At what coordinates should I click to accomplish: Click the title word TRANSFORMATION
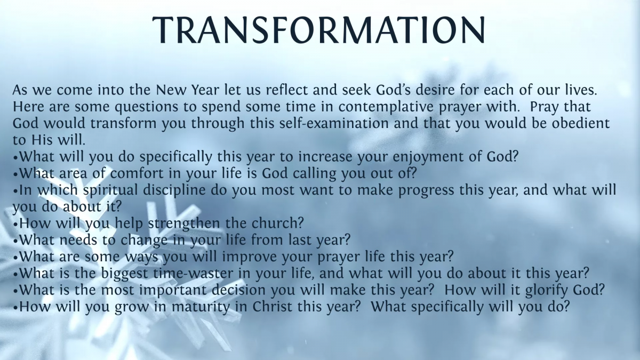[x=318, y=30]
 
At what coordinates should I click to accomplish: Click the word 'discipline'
[x=174, y=190]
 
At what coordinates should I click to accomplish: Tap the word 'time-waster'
[x=193, y=274]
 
